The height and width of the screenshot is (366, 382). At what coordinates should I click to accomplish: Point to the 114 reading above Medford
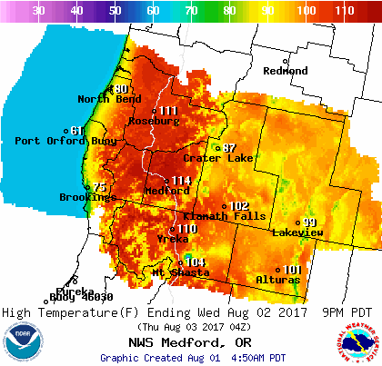(x=181, y=181)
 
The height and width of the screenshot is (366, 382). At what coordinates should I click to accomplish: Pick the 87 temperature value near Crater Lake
(x=229, y=148)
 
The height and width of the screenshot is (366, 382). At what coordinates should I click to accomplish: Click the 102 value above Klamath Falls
(x=238, y=206)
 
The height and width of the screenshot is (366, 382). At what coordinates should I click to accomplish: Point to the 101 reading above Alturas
(x=292, y=270)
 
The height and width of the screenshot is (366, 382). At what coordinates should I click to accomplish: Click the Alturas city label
(x=279, y=280)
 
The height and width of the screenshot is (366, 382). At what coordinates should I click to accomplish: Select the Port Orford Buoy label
(x=54, y=141)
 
